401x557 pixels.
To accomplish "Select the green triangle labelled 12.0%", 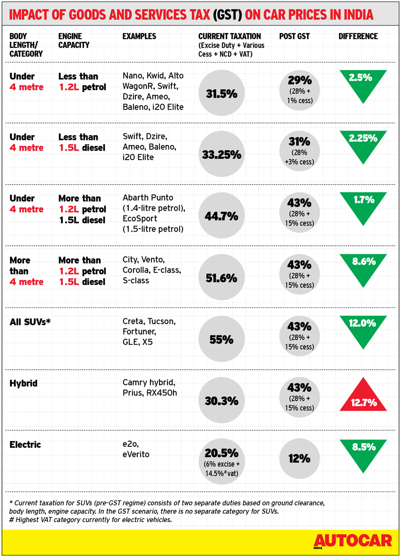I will [x=363, y=329].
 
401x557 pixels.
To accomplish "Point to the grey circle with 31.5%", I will [x=221, y=94].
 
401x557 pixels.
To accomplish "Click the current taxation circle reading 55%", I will [x=221, y=339].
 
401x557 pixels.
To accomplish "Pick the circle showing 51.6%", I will [x=221, y=278].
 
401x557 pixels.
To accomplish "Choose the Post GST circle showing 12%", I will [x=299, y=458].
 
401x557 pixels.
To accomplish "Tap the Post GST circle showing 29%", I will [x=299, y=89].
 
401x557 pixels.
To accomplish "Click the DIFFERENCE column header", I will [x=358, y=36].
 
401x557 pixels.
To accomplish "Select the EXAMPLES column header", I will [x=139, y=36].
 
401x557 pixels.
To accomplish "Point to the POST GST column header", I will [x=294, y=36].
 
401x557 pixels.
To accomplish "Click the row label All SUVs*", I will [x=30, y=322].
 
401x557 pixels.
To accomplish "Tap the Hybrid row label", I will [x=24, y=383].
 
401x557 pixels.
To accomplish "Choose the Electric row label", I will [x=25, y=444].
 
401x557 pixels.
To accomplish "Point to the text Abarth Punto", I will [x=148, y=198].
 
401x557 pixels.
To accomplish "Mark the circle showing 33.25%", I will [x=221, y=154].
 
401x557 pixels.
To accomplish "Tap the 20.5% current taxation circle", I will [x=221, y=459].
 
